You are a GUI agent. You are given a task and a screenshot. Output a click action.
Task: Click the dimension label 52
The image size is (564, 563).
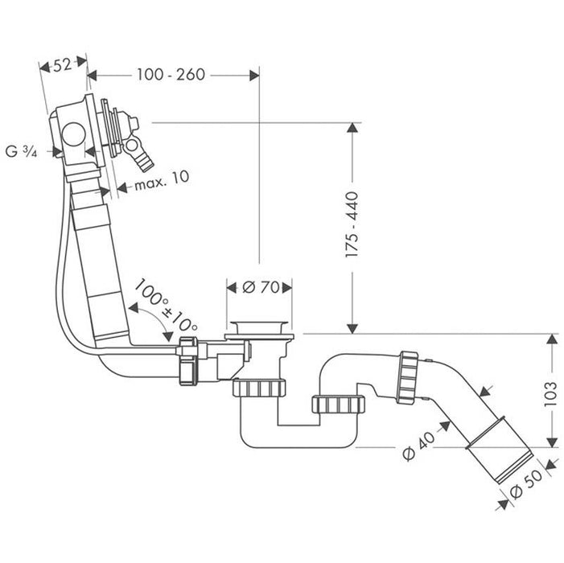click(x=62, y=66)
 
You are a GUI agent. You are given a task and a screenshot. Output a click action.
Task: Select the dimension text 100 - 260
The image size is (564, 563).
click(x=171, y=75)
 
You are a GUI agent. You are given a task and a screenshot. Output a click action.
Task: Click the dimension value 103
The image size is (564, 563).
click(x=551, y=394)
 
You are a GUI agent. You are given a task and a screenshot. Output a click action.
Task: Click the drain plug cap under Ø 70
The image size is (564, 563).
click(x=257, y=327)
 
